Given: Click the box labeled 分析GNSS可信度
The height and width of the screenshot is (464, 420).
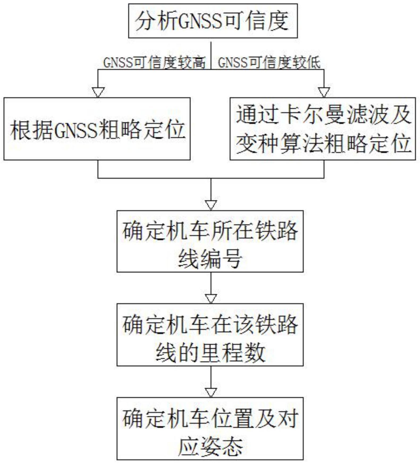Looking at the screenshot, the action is pyautogui.click(x=213, y=21).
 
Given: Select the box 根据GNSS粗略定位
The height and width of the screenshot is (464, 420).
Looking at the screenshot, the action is pyautogui.click(x=97, y=129).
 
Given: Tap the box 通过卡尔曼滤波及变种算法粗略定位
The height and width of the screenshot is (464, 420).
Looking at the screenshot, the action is pyautogui.click(x=323, y=129).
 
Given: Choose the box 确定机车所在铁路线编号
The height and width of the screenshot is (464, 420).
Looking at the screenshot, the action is pyautogui.click(x=210, y=241).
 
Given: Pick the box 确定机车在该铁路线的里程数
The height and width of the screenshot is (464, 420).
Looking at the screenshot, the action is pyautogui.click(x=210, y=335).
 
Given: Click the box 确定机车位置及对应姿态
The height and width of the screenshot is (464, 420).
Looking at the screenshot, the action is pyautogui.click(x=210, y=428).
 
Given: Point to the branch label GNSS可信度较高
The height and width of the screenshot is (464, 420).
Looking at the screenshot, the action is pyautogui.click(x=154, y=63).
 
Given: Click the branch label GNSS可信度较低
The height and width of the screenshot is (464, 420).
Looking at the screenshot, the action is pyautogui.click(x=269, y=63).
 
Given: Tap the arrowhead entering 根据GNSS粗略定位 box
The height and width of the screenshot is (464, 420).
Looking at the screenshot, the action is pyautogui.click(x=98, y=92).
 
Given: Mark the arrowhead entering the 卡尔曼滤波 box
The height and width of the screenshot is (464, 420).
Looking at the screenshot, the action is pyautogui.click(x=324, y=92).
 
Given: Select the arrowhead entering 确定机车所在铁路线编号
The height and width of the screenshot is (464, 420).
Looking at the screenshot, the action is pyautogui.click(x=211, y=205).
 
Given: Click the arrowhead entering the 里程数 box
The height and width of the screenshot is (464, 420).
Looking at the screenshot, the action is pyautogui.click(x=211, y=299).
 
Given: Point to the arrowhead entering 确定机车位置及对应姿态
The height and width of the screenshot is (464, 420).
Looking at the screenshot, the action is pyautogui.click(x=211, y=392).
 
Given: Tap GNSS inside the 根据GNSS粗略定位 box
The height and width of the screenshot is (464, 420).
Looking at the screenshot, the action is pyautogui.click(x=76, y=130).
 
